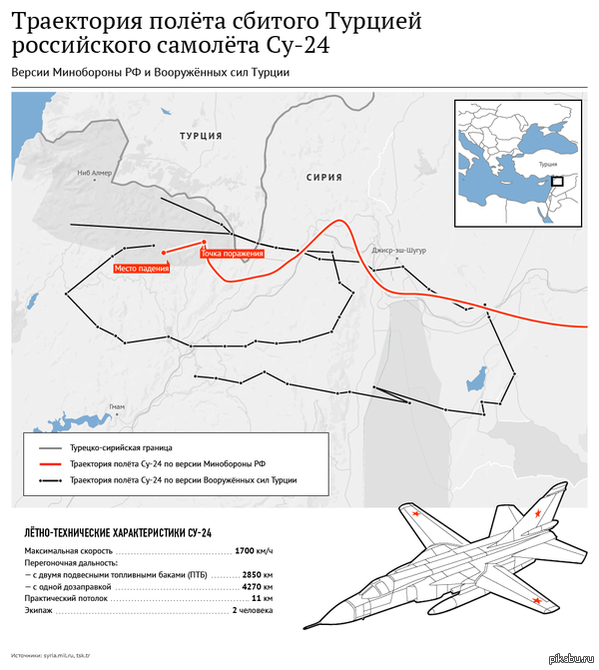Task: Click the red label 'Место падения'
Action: (x=141, y=268)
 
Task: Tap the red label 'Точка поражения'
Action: (x=233, y=254)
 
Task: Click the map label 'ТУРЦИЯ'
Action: (x=200, y=135)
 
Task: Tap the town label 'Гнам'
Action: (x=116, y=407)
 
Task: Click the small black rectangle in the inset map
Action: (x=557, y=181)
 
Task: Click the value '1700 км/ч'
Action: (x=254, y=551)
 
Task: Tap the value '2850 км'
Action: (x=257, y=575)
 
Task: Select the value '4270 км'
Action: (x=257, y=587)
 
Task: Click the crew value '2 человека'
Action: (x=252, y=610)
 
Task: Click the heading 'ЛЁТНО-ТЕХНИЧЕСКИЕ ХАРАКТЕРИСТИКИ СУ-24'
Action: (x=118, y=532)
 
